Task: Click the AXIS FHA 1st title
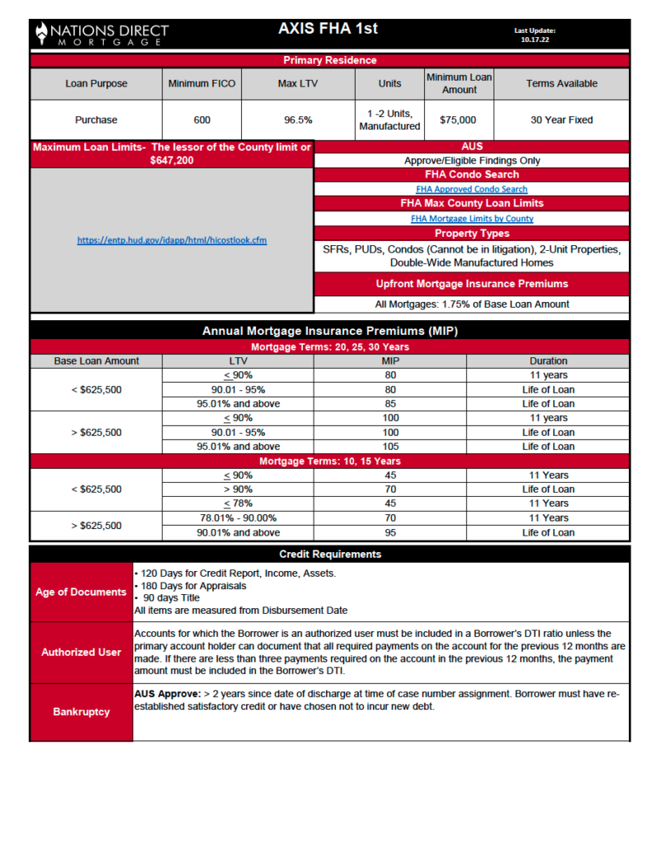click(x=328, y=29)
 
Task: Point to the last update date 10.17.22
click(x=534, y=38)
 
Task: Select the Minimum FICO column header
click(x=201, y=83)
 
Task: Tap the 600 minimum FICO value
click(x=201, y=120)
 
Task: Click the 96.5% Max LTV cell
click(x=298, y=120)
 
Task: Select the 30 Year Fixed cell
click(x=561, y=120)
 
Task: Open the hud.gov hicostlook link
click(x=172, y=240)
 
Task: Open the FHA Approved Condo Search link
click(x=471, y=189)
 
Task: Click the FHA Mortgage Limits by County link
click(x=471, y=219)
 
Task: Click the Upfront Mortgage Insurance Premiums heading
click(x=471, y=284)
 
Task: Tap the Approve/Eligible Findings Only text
click(x=471, y=161)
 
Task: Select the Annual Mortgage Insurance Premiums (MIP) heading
click(x=329, y=331)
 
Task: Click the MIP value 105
click(x=390, y=446)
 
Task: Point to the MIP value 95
click(x=390, y=532)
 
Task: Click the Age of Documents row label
click(x=81, y=592)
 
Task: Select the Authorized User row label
click(x=81, y=652)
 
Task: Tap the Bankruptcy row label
click(x=81, y=711)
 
